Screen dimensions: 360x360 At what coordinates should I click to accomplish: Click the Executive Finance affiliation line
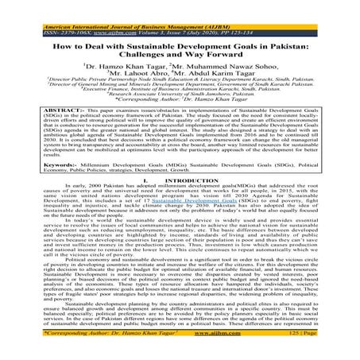tap(180, 90)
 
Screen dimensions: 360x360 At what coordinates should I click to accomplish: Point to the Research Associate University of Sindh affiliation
tap(180, 95)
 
